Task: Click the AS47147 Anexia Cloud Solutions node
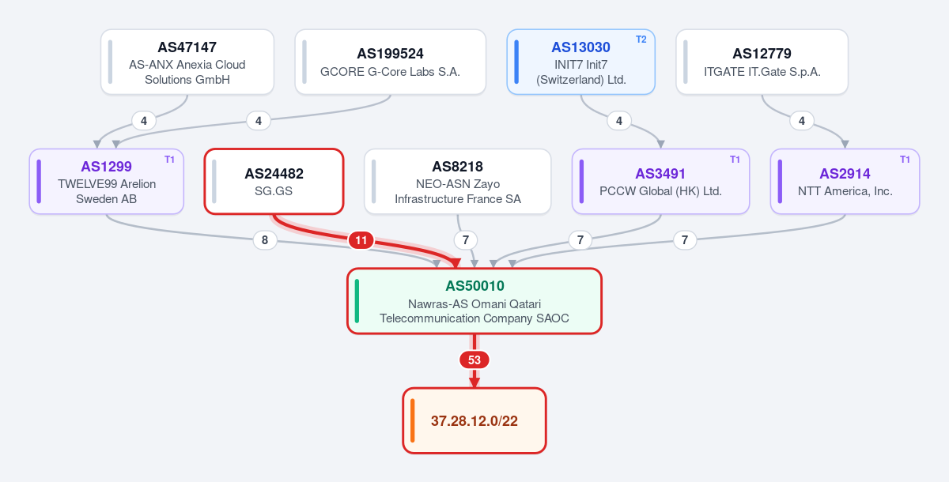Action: (x=187, y=62)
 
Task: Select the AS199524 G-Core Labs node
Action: (x=390, y=62)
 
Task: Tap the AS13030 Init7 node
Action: (x=580, y=62)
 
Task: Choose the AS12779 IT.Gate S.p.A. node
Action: (x=762, y=62)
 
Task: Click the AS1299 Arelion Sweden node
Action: (x=106, y=182)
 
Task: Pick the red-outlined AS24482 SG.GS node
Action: (x=274, y=182)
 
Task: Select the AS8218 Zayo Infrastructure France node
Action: (x=458, y=182)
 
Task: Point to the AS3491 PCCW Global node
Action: (x=660, y=182)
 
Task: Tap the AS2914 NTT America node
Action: (x=845, y=182)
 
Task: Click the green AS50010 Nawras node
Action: (x=475, y=301)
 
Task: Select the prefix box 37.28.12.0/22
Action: (x=475, y=420)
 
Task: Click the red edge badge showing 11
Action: (x=361, y=240)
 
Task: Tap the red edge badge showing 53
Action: (x=475, y=360)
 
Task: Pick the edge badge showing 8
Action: (x=265, y=240)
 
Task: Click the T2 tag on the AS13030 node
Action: (x=641, y=40)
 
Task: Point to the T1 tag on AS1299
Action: (x=169, y=160)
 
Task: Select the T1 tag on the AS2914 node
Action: (x=905, y=160)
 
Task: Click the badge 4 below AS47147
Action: (x=144, y=121)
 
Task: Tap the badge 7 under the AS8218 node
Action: (x=466, y=240)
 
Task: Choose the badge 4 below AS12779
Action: (x=802, y=121)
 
